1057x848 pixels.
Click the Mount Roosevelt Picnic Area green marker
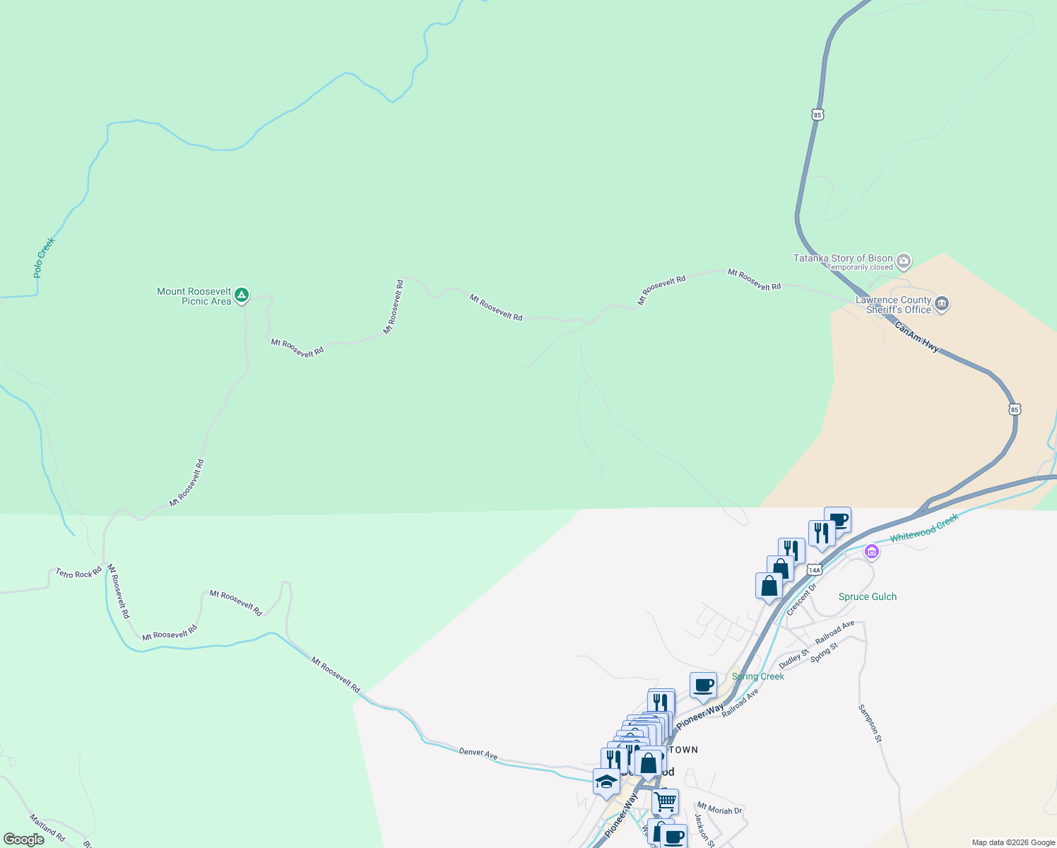pyautogui.click(x=242, y=295)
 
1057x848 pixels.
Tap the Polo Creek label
pyautogui.click(x=44, y=257)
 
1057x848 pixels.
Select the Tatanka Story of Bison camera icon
pyautogui.click(x=904, y=262)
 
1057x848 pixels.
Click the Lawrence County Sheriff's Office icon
pyautogui.click(x=941, y=305)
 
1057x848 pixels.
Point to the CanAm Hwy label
pyautogui.click(x=916, y=337)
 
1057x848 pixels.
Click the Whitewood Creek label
pyautogui.click(x=924, y=528)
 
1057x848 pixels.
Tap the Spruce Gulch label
pyautogui.click(x=867, y=597)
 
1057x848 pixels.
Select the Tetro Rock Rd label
pyautogui.click(x=79, y=573)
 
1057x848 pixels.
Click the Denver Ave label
pyautogui.click(x=478, y=753)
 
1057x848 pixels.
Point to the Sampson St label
pyautogui.click(x=870, y=723)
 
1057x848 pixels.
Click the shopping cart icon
pyautogui.click(x=665, y=802)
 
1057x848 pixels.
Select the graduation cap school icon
pyautogui.click(x=606, y=782)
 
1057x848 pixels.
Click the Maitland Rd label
pyautogui.click(x=47, y=828)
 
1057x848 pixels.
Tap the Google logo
pyautogui.click(x=24, y=840)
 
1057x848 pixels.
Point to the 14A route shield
pyautogui.click(x=814, y=570)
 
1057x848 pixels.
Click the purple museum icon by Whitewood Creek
pyautogui.click(x=871, y=551)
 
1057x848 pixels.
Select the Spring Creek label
pyautogui.click(x=758, y=677)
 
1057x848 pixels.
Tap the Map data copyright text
pyautogui.click(x=1013, y=842)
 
